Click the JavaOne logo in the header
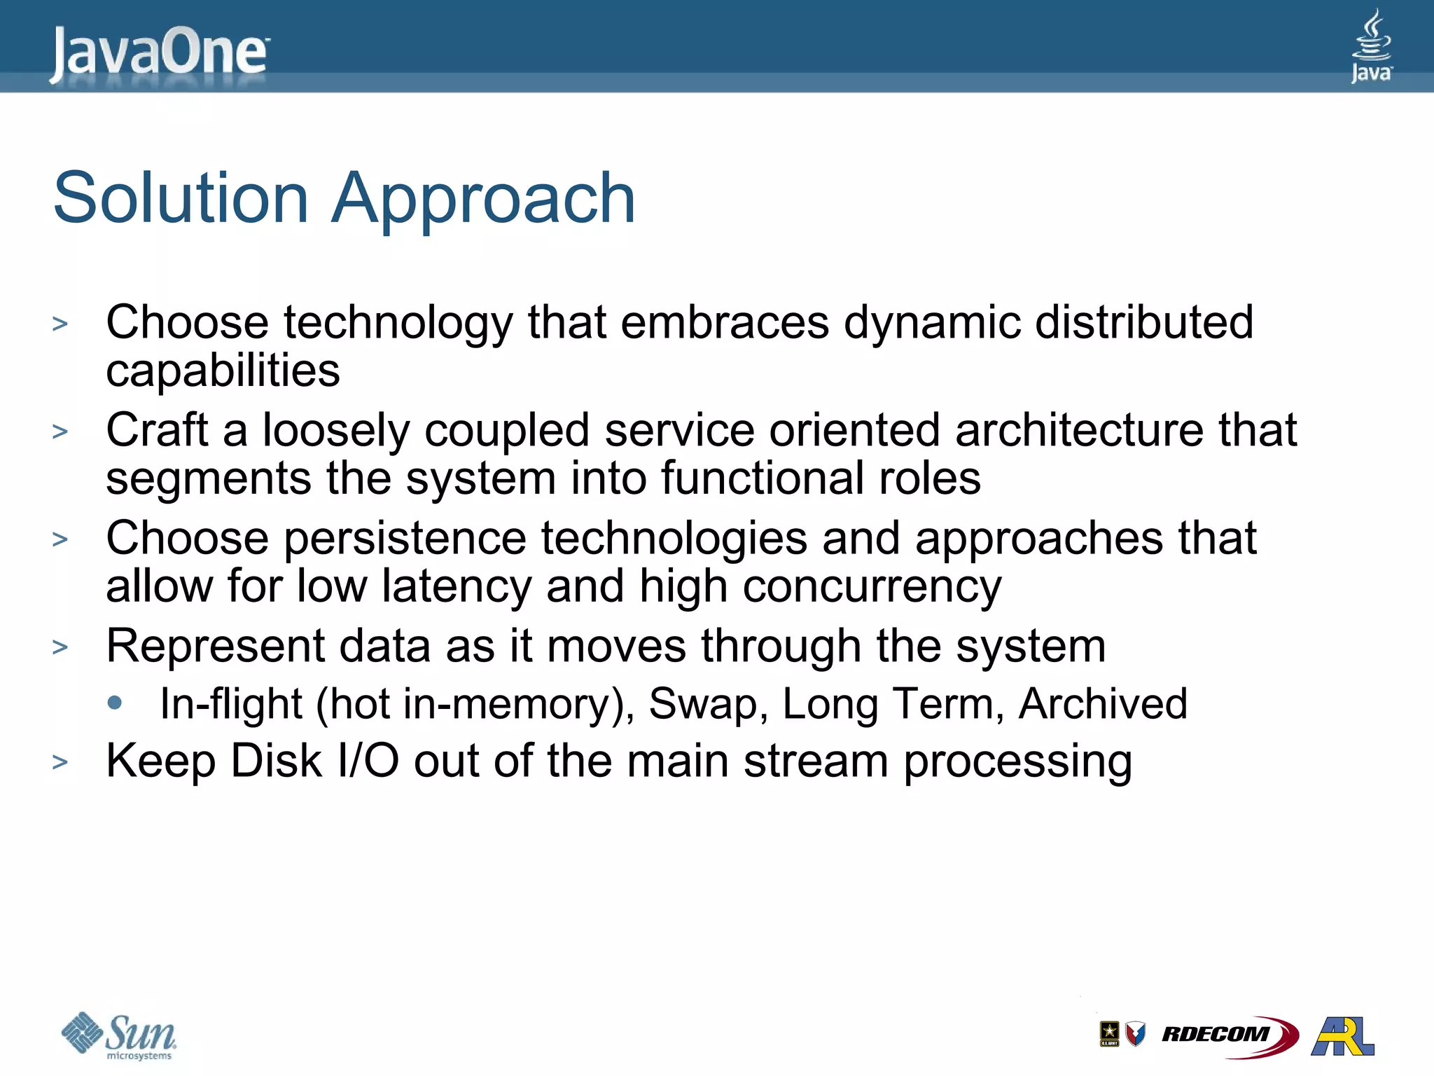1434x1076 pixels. [x=159, y=53]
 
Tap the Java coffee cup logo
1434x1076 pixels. [x=1371, y=46]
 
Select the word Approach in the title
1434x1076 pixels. [x=483, y=200]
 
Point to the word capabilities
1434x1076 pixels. [x=223, y=371]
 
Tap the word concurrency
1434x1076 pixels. [x=872, y=586]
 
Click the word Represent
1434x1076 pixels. [x=215, y=646]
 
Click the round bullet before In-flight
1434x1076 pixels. [x=116, y=702]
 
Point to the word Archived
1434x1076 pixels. [x=1103, y=703]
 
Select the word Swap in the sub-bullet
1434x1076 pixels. [x=704, y=705]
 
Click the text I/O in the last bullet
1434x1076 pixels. [x=368, y=761]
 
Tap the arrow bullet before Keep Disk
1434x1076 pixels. [x=60, y=762]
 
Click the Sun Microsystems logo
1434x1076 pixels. [x=119, y=1035]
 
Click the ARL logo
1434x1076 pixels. [x=1342, y=1035]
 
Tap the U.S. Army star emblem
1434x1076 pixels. [x=1109, y=1033]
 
